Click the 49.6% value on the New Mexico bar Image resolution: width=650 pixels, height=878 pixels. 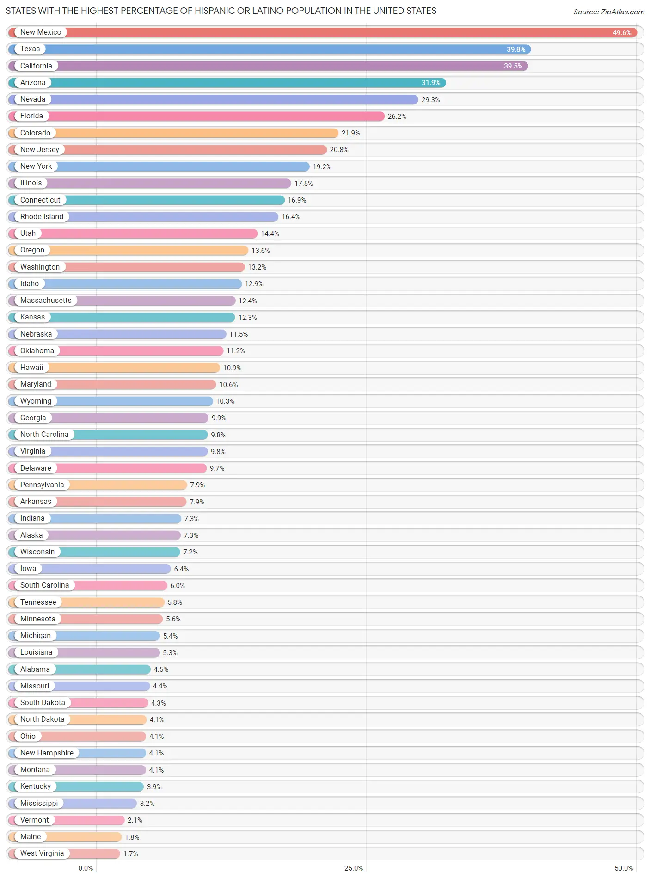(621, 33)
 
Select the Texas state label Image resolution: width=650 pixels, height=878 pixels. (30, 49)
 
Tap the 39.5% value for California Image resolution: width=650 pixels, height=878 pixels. (513, 66)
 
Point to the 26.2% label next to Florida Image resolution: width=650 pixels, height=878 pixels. (397, 117)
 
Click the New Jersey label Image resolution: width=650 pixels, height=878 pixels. (40, 150)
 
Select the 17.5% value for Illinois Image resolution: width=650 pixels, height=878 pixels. (303, 184)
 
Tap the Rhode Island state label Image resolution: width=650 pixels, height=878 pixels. (42, 217)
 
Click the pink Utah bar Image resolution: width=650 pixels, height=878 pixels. (148, 233)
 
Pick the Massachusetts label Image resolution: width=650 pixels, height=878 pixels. (46, 301)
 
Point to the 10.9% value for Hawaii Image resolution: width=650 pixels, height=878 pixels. (232, 368)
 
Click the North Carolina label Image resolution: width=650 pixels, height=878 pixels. (44, 435)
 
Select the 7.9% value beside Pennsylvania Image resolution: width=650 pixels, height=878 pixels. (197, 485)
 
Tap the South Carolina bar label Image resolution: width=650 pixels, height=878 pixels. (44, 585)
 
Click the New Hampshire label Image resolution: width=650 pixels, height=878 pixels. (47, 753)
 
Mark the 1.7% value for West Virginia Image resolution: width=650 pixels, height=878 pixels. (130, 854)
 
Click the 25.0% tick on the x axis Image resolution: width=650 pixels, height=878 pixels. (354, 868)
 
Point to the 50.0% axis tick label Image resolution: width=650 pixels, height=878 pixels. (623, 868)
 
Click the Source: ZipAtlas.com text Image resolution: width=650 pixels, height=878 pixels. (608, 12)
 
